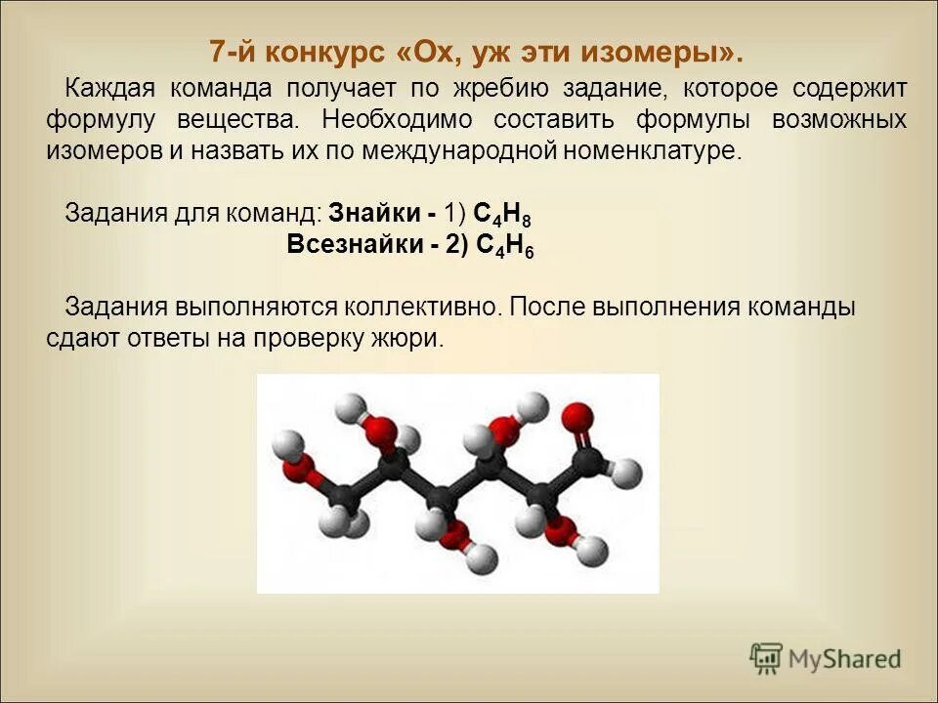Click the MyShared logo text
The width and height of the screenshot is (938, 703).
pos(845,658)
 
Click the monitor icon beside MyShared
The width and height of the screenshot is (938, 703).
pos(767,658)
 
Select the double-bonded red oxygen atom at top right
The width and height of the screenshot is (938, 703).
pos(578,416)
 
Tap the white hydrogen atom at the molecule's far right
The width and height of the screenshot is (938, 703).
pos(631,475)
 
